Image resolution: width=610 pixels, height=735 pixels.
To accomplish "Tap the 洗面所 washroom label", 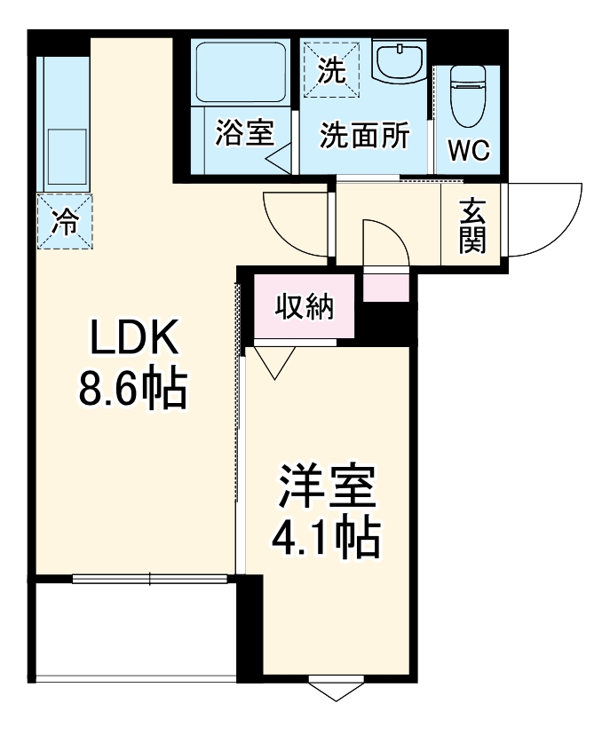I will [x=365, y=135].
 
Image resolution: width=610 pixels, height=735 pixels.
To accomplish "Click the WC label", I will [x=467, y=151].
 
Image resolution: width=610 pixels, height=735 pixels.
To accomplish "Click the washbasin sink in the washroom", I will [x=399, y=62].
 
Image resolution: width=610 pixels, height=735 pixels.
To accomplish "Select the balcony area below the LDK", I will [x=133, y=630].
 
